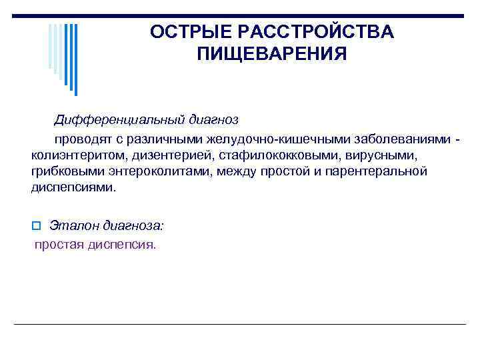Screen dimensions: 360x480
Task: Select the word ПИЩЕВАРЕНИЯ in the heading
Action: tap(272, 54)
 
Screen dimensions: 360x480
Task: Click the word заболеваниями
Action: tap(406, 139)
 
